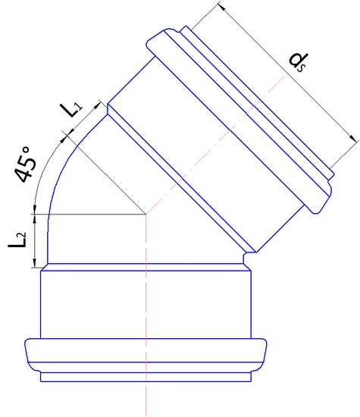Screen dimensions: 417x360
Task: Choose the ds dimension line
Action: coord(288,72)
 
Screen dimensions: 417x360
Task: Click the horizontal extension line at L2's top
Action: coord(91,215)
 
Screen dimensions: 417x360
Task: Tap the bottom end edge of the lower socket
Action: coord(145,380)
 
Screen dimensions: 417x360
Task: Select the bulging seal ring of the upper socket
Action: coord(243,114)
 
